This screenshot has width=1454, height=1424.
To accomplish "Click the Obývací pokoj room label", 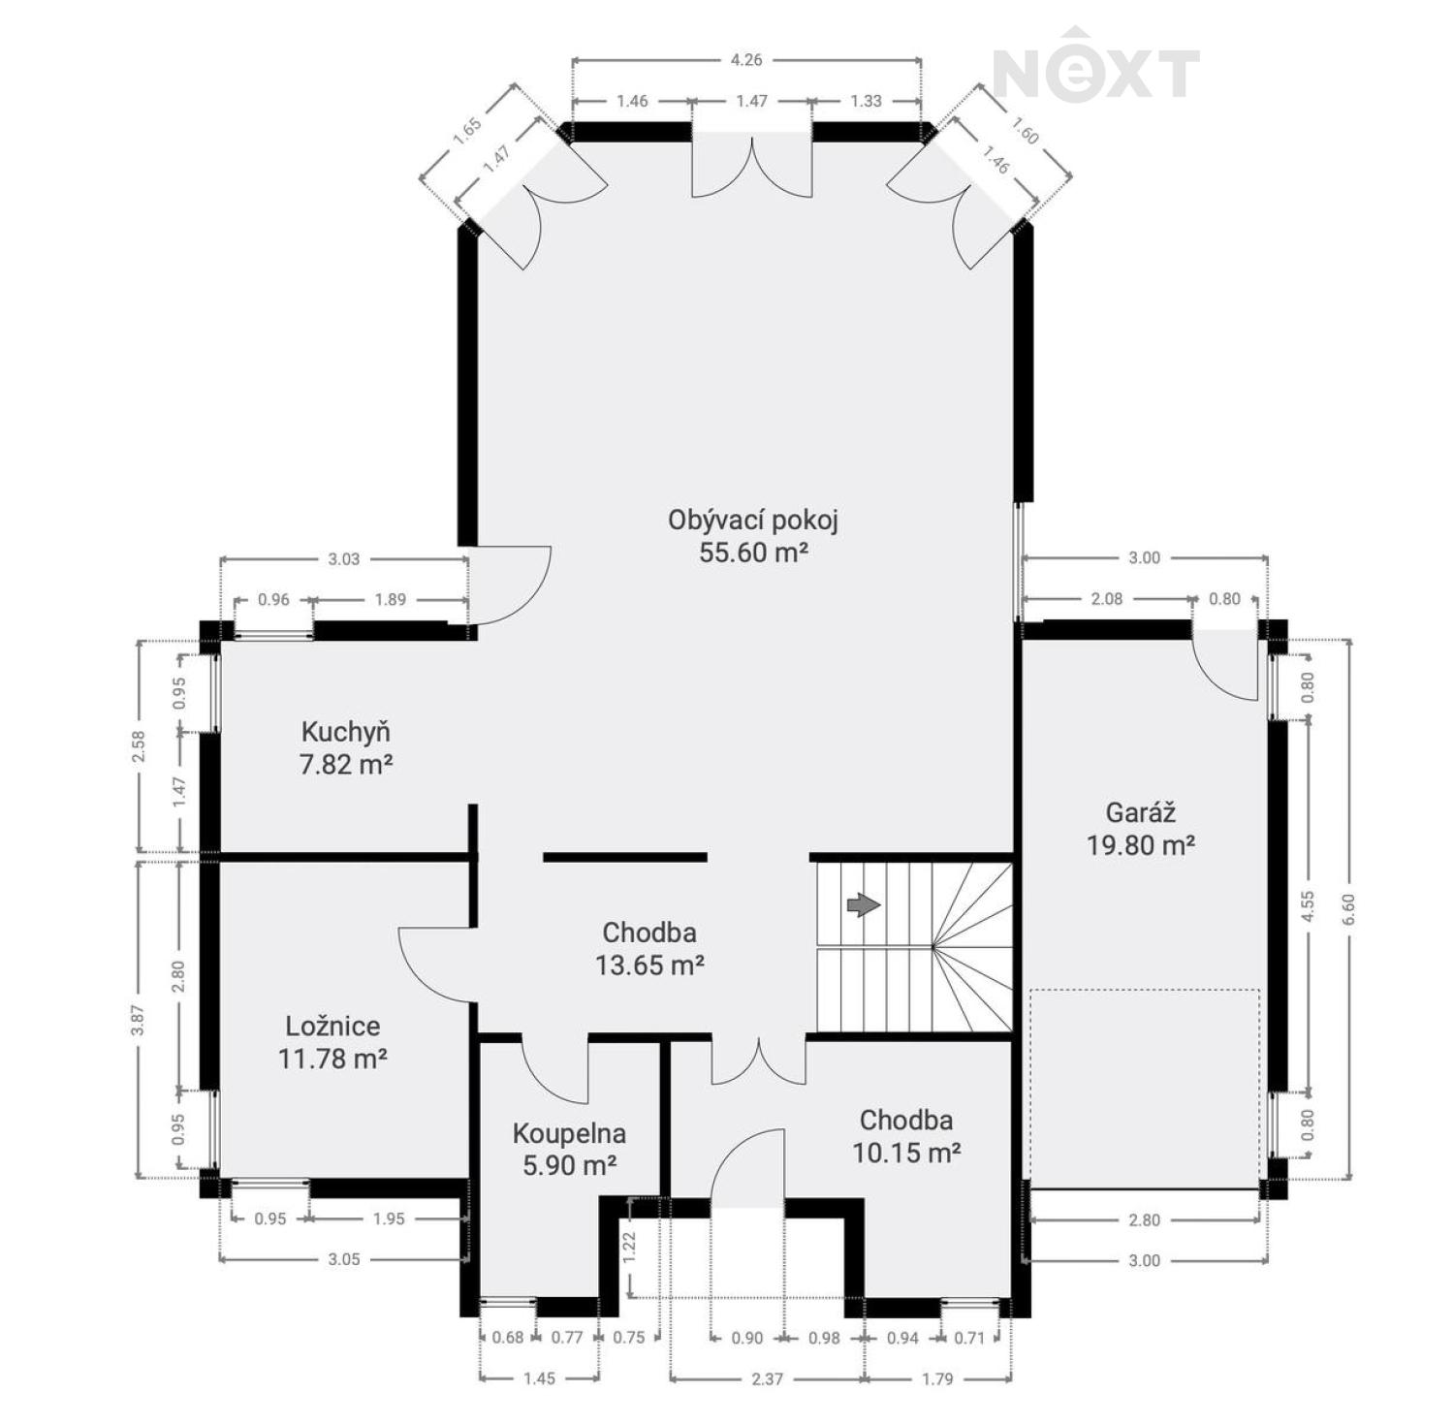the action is click(753, 535).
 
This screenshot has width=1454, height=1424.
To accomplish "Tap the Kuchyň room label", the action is click(346, 747).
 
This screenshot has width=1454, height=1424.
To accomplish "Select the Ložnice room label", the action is click(332, 1042).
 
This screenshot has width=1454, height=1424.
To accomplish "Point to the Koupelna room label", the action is click(569, 1149).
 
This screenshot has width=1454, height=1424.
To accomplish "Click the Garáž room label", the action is click(1140, 829).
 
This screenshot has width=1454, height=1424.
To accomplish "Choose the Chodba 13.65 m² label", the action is click(649, 948).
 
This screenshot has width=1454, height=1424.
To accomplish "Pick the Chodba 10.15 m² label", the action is click(906, 1136).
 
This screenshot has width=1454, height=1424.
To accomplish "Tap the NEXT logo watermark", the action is click(1096, 66).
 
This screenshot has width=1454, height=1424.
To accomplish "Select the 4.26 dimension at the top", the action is click(746, 59).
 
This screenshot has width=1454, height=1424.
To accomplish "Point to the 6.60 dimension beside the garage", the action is click(1348, 908).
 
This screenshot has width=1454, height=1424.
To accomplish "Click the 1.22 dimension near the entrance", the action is click(629, 1247).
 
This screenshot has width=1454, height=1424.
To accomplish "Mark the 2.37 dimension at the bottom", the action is click(767, 1378).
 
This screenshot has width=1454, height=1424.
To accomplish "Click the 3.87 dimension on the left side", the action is click(139, 1020).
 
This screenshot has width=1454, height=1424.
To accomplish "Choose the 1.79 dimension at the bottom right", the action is click(937, 1378).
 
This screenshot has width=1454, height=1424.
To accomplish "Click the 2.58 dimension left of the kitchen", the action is click(139, 746).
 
